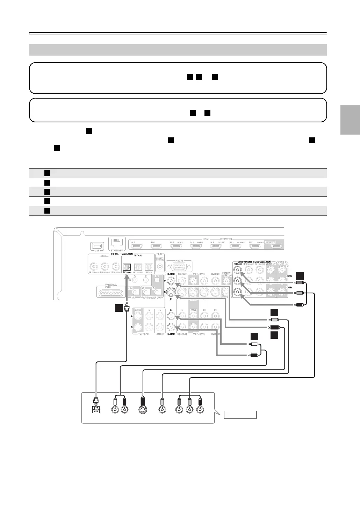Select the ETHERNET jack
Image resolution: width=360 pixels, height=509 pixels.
(x=116, y=242)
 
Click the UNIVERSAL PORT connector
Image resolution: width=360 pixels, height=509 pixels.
(x=109, y=292)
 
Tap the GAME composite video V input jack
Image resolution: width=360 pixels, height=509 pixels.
(x=171, y=281)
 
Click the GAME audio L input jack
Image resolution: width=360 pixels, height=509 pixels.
(x=171, y=316)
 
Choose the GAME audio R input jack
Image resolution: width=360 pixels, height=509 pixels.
(x=171, y=328)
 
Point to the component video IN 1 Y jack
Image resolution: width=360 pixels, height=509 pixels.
(x=238, y=270)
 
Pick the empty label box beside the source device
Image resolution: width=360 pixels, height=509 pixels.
(x=240, y=415)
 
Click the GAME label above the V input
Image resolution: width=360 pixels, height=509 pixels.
(x=171, y=274)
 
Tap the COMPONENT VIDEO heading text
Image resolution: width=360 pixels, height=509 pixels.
(x=248, y=261)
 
